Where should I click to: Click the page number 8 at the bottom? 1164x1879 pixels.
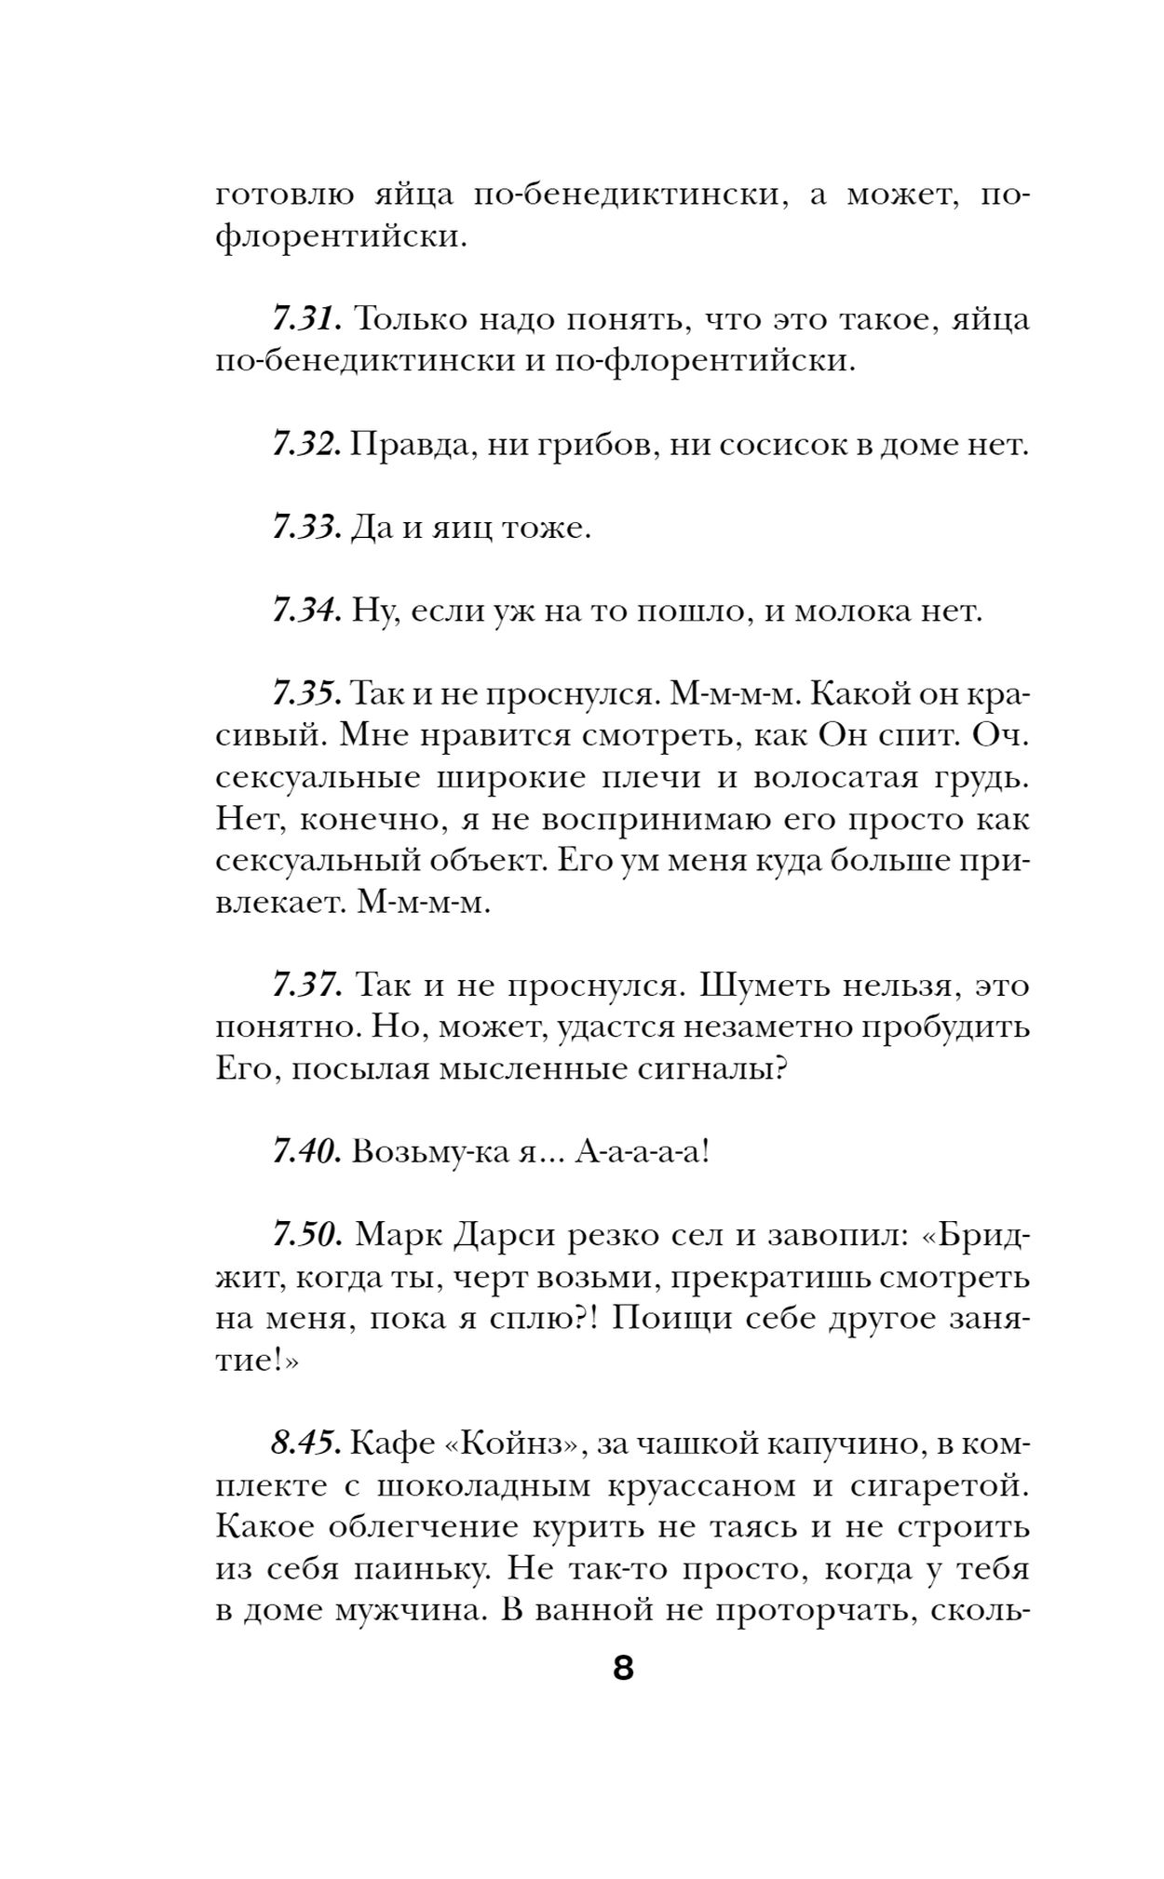coord(623,1668)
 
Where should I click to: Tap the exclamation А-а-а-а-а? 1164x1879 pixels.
coord(642,1153)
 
